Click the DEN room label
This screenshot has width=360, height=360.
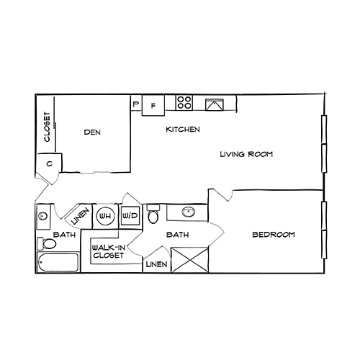click(x=91, y=132)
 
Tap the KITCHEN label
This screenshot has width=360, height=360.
click(x=183, y=130)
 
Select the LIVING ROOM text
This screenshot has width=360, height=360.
click(x=247, y=154)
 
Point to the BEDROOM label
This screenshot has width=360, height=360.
click(x=274, y=235)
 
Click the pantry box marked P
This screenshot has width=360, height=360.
click(x=135, y=104)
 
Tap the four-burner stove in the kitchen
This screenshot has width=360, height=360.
click(x=184, y=103)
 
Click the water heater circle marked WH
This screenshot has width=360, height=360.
click(x=105, y=215)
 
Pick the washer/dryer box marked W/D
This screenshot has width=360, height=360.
click(x=130, y=215)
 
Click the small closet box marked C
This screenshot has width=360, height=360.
click(x=48, y=164)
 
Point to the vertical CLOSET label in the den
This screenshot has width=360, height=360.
click(x=47, y=127)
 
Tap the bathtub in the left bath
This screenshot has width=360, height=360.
click(x=58, y=263)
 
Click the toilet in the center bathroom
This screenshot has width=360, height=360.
click(x=153, y=215)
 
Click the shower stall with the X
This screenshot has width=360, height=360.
click(x=189, y=258)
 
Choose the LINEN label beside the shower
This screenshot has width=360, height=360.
click(x=156, y=265)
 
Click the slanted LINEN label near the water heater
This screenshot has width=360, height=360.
click(x=80, y=215)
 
